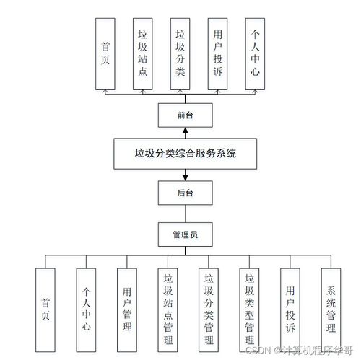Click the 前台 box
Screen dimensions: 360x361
pos(186,114)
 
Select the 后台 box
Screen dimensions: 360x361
pos(186,193)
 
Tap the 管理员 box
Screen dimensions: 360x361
pos(186,234)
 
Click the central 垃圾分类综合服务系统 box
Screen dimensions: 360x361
pos(186,153)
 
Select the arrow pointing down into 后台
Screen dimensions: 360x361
pos(186,175)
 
